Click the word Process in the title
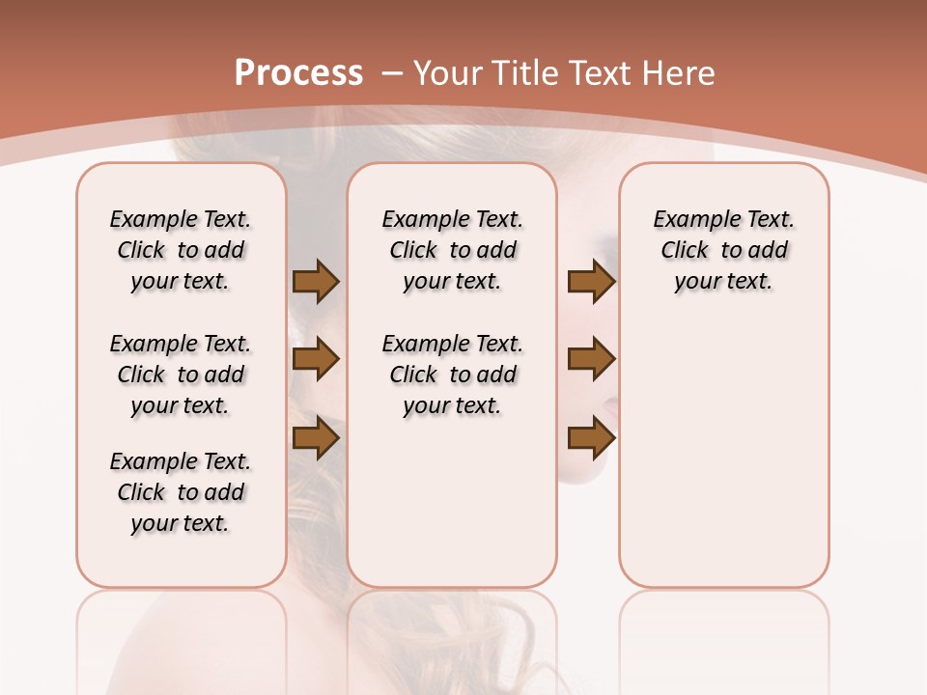coord(298,72)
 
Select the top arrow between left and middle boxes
coord(316,282)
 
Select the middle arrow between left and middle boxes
coord(316,359)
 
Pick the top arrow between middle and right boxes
coord(591,282)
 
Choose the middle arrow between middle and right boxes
coord(591,359)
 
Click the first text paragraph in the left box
coord(181,250)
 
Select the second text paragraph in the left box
coord(181,375)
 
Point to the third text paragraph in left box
coord(181,492)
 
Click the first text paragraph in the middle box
coord(453,250)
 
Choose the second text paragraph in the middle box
coord(453,375)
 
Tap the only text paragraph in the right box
coord(724,250)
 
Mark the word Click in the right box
coord(685,251)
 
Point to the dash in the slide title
coord(392,73)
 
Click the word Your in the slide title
coord(449,73)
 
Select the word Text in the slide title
coord(602,73)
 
